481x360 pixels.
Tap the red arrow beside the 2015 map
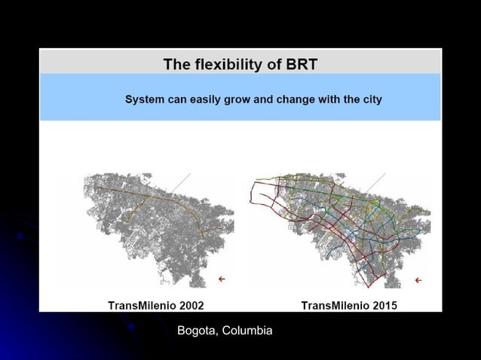point(418,280)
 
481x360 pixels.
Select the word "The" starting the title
point(176,65)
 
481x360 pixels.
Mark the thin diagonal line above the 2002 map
point(180,182)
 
